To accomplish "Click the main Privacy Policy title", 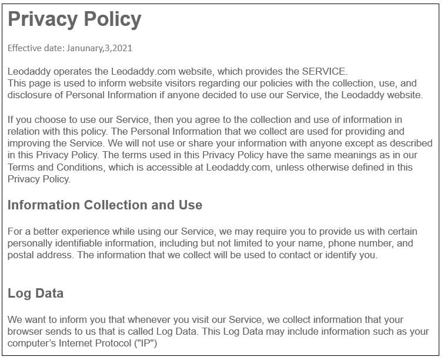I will tap(75, 20).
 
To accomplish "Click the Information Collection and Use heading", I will tap(105, 205).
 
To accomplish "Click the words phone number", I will tap(359, 243).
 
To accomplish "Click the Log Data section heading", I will tap(36, 293).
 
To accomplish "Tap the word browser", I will tap(26, 331).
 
